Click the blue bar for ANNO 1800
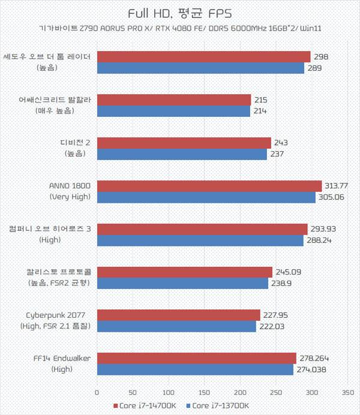(x=206, y=197)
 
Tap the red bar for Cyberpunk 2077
(x=178, y=315)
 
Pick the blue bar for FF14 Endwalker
(x=195, y=369)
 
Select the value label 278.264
(x=313, y=359)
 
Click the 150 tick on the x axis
(x=205, y=393)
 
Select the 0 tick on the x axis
(x=97, y=393)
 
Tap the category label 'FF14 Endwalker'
(x=62, y=359)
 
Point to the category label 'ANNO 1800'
(x=70, y=185)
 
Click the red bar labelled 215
(x=174, y=100)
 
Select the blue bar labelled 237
(x=182, y=154)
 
